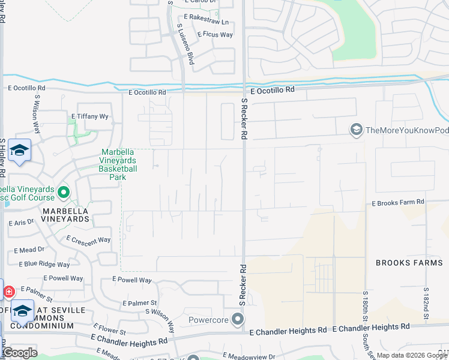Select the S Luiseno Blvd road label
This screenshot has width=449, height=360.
pos(185,45)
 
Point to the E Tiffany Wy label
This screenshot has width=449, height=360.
pos(89,116)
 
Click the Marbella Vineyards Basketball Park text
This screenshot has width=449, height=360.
pos(118,165)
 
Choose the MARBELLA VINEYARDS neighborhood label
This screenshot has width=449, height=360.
pos(65,215)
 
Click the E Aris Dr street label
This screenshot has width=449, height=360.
pos(21,223)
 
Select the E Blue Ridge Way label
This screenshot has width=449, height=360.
pos(44,264)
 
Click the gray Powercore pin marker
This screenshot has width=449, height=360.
pos(238,319)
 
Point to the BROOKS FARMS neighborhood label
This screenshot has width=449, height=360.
pos(410,263)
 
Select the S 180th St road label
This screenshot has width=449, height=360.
pos(365,306)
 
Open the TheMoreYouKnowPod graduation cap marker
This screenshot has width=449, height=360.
pos(357,130)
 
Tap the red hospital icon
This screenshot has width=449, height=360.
pos(9,292)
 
